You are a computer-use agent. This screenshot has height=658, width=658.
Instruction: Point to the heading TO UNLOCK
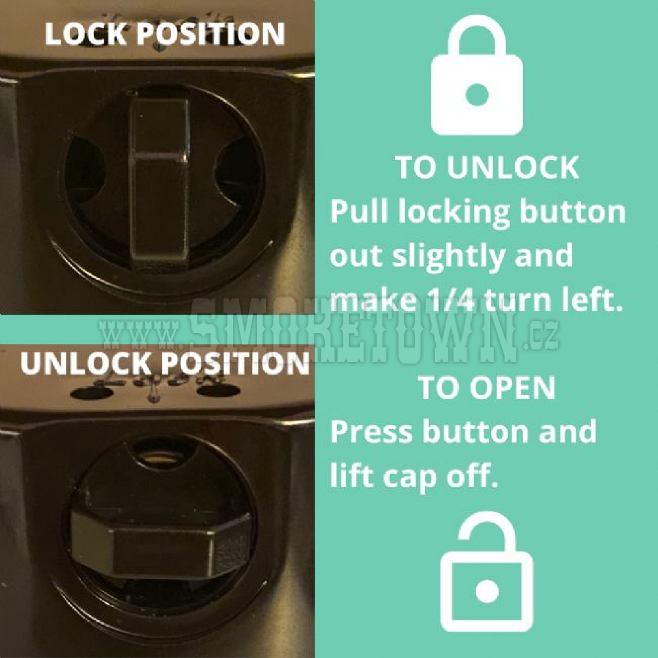click(487, 168)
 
